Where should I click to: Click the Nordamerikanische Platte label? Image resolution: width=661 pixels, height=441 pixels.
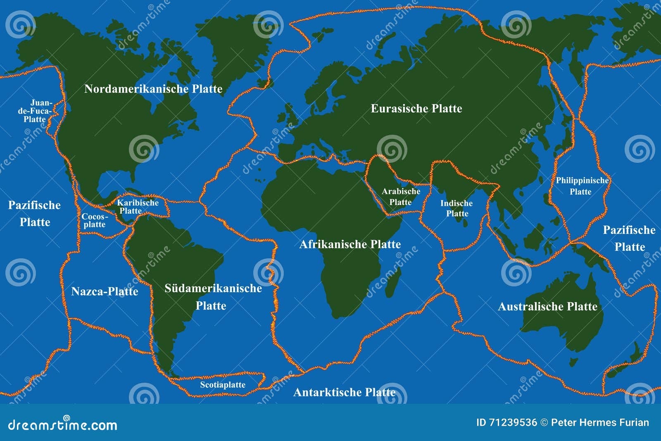click(x=153, y=89)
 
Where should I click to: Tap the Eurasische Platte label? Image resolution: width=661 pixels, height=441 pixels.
click(x=416, y=109)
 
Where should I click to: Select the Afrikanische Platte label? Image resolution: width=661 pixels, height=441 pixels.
click(x=350, y=244)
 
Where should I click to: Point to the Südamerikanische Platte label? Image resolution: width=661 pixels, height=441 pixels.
click(x=213, y=297)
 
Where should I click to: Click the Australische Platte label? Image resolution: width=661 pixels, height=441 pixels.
click(x=547, y=306)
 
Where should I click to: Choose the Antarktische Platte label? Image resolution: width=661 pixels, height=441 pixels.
click(x=344, y=392)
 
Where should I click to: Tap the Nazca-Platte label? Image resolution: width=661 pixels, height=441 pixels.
click(x=105, y=291)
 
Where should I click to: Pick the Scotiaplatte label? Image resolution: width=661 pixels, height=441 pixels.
click(x=223, y=385)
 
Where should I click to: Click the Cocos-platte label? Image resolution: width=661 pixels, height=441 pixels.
click(x=95, y=220)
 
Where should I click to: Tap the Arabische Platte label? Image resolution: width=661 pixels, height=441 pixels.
click(x=401, y=197)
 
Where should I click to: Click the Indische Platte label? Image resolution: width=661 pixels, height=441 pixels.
click(x=457, y=208)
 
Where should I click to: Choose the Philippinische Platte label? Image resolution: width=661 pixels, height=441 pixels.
click(x=582, y=186)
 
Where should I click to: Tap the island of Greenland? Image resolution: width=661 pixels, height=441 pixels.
click(x=231, y=45)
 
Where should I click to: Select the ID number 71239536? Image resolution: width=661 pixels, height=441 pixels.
click(x=513, y=423)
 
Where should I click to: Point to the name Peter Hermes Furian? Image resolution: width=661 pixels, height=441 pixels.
click(x=600, y=423)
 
